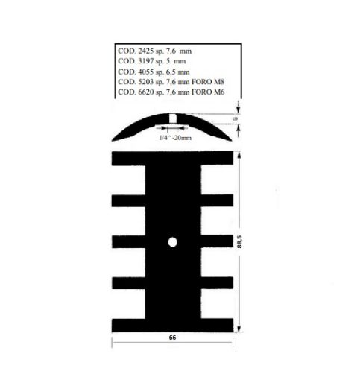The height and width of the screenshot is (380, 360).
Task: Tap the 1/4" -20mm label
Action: (175, 138)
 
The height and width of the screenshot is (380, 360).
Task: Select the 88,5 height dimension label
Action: (248, 243)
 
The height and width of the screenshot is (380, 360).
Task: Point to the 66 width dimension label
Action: (172, 338)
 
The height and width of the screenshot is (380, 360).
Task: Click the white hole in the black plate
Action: (172, 242)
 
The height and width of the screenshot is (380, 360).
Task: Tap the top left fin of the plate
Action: (129, 159)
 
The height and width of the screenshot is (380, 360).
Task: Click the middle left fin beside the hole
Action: (129, 242)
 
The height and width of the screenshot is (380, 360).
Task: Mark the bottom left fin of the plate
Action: (129, 325)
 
